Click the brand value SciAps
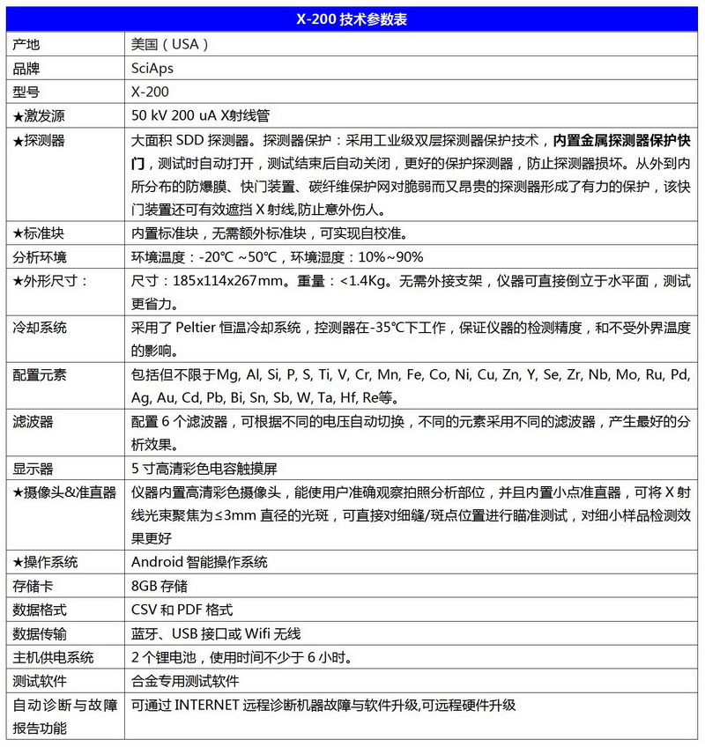pos(152,68)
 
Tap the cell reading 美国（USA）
pos(169,44)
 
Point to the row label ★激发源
pos(40,115)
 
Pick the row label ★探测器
pos(40,140)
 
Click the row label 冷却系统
pos(40,328)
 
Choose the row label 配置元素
pos(40,374)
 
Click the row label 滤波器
pos(33,422)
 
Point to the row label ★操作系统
pos(46,562)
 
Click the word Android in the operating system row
pos(158,562)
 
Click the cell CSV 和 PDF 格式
pos(182,610)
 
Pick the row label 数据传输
pos(40,633)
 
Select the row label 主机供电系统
pos(53,657)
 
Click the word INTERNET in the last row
pos(208,705)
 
